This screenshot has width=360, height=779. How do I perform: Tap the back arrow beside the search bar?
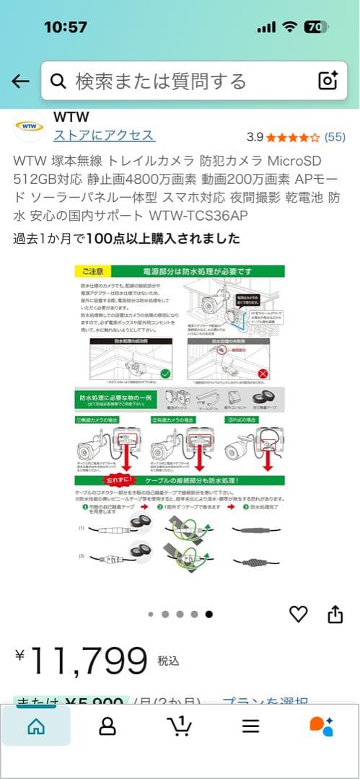(20, 81)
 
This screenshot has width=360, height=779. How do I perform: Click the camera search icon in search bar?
(328, 81)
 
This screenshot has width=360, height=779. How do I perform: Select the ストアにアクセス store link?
(104, 136)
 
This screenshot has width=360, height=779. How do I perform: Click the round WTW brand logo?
(30, 127)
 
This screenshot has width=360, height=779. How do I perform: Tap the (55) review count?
(335, 136)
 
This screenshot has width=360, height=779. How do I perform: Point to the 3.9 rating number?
(255, 136)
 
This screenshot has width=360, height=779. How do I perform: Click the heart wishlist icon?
(299, 614)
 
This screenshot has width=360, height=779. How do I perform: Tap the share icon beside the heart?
(335, 614)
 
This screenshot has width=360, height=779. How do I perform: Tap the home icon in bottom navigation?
(35, 726)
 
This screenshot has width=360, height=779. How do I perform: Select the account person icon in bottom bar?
(107, 726)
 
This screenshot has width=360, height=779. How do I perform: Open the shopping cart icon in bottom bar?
(179, 725)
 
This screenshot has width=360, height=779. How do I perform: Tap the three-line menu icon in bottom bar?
(250, 726)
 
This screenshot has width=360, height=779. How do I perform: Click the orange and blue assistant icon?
(322, 726)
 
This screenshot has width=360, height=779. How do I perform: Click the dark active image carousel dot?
(208, 615)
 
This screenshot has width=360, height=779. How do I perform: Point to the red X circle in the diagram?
(263, 374)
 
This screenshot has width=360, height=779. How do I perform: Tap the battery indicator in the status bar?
(313, 27)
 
